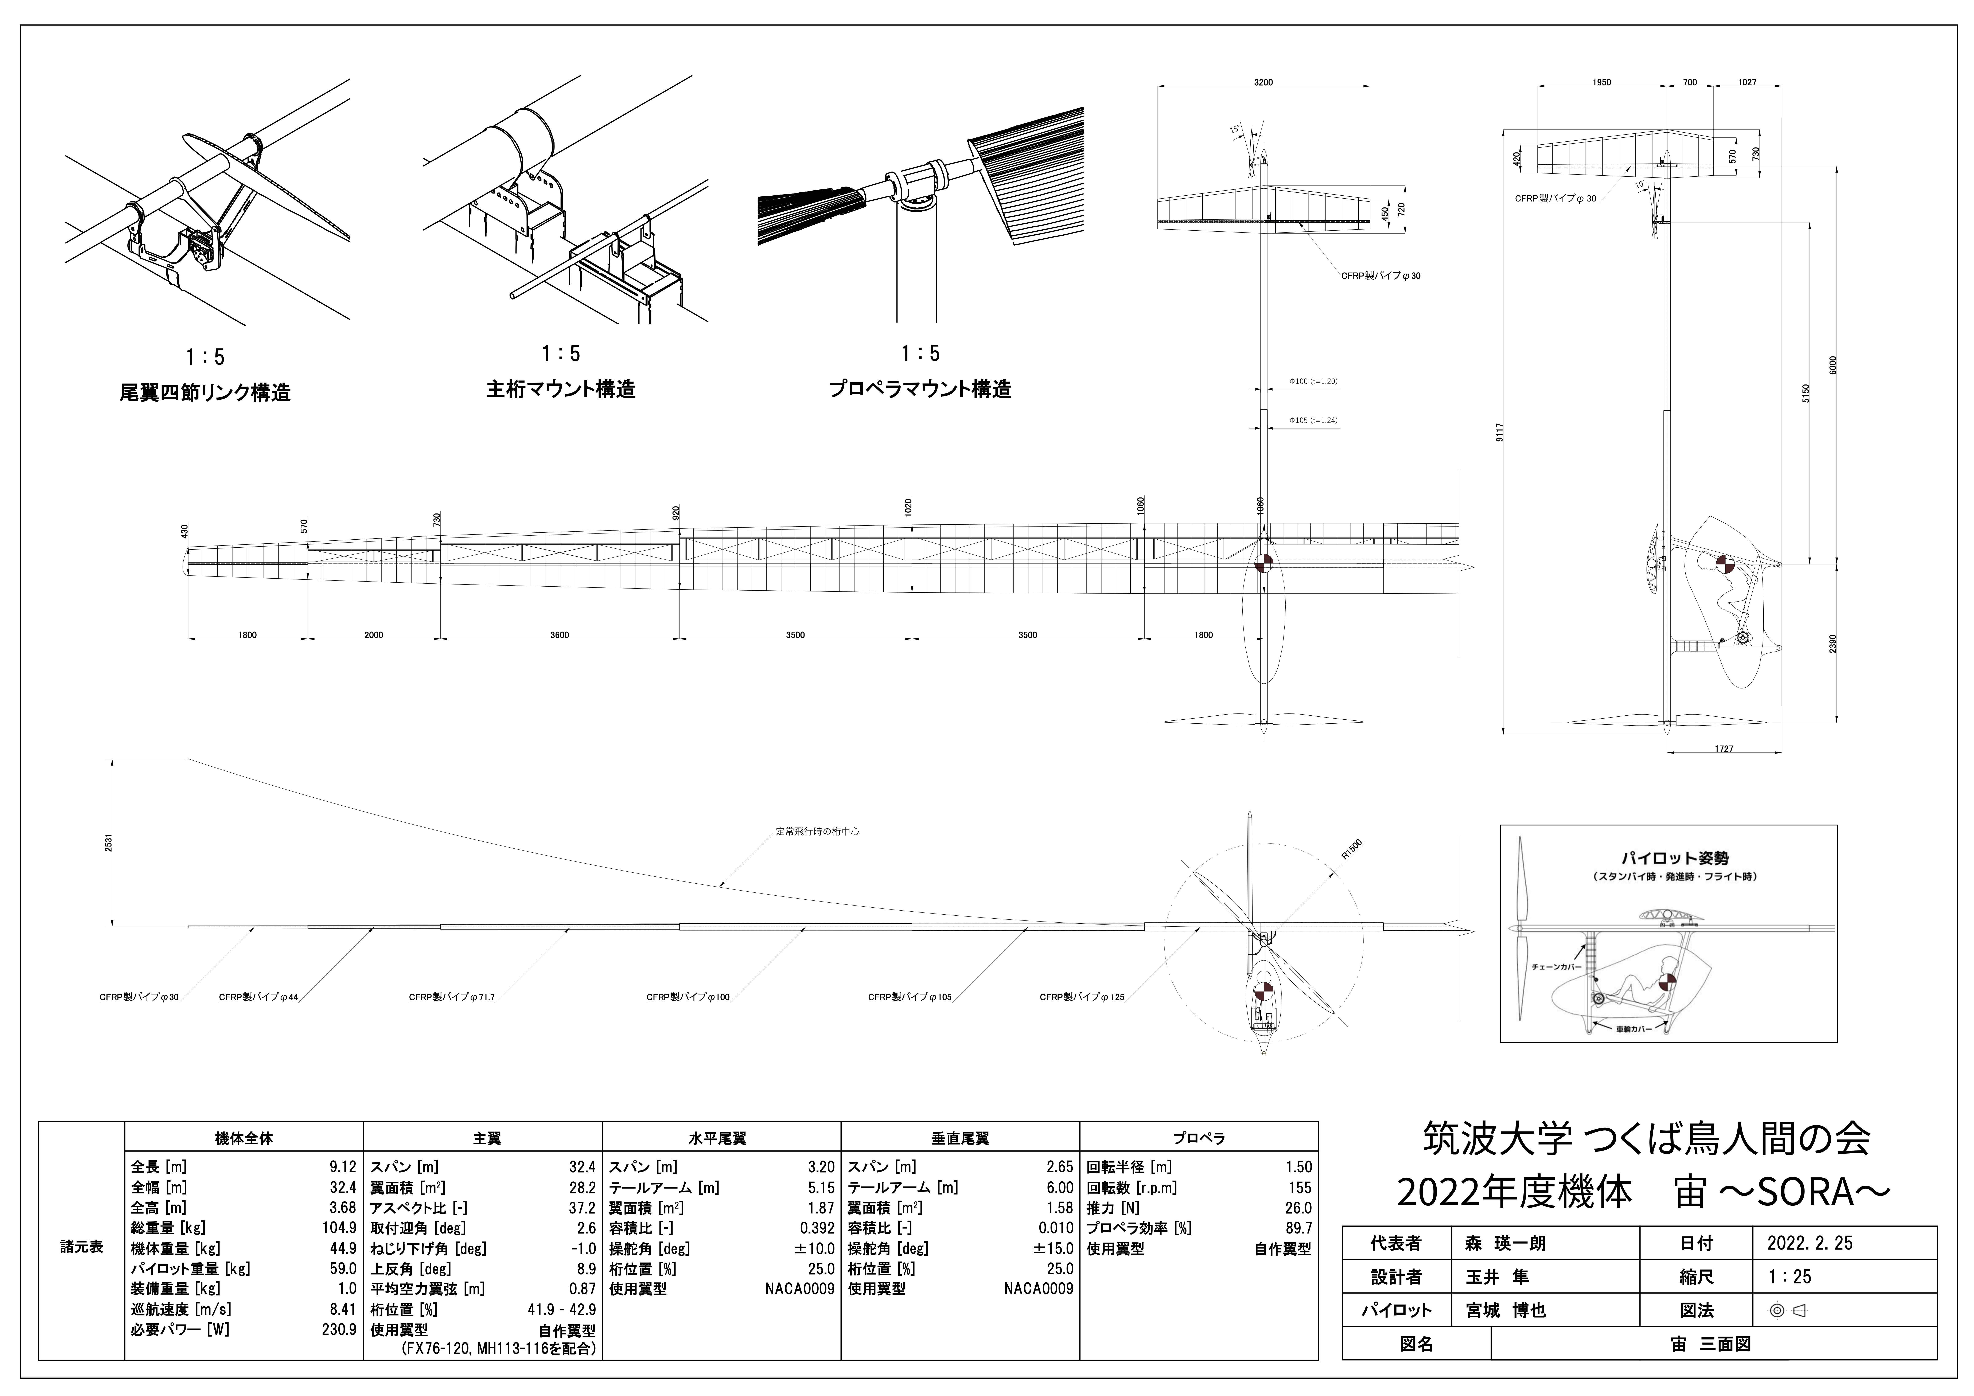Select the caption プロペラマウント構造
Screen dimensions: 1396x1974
[920, 389]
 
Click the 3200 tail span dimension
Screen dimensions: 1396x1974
[1263, 83]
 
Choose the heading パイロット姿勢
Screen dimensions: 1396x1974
[1663, 858]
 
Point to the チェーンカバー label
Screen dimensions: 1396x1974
[1556, 967]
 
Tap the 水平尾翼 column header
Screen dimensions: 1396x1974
[720, 1138]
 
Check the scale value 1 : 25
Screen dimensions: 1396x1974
[1790, 1276]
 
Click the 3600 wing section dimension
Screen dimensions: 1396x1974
[560, 635]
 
